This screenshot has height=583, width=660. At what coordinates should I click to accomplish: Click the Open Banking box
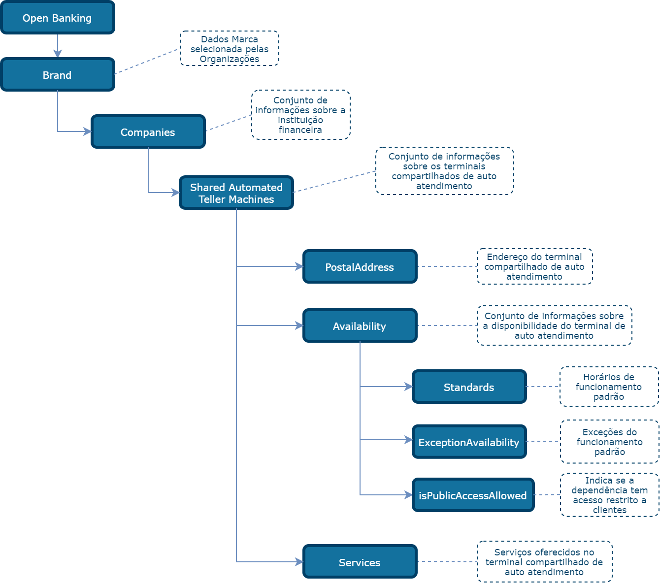point(58,18)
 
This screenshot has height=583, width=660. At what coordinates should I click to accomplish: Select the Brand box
point(58,75)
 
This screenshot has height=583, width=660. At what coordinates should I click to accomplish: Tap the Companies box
point(148,132)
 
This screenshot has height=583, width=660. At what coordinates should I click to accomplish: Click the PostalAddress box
point(360,267)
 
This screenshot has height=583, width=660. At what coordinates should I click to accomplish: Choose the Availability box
point(360,326)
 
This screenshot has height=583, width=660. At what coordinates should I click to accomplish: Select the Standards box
point(469,387)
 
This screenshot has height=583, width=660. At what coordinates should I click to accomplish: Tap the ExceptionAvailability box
point(469,442)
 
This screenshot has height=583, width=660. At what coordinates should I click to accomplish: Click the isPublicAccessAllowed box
point(473,495)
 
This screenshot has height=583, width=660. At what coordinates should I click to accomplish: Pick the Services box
point(360,562)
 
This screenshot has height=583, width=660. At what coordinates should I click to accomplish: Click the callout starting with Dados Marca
point(230,49)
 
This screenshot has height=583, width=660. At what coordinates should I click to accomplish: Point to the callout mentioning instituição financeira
point(301,115)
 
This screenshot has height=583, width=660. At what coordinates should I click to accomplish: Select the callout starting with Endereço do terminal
point(535,266)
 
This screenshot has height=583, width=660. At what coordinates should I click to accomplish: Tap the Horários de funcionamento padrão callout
point(609,387)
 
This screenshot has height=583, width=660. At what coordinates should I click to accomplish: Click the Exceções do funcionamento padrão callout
point(610,442)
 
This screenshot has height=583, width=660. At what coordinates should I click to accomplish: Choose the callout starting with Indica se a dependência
point(610,495)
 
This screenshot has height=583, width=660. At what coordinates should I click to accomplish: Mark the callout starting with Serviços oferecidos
point(545,562)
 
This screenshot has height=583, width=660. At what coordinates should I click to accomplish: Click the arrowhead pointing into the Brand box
point(58,54)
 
